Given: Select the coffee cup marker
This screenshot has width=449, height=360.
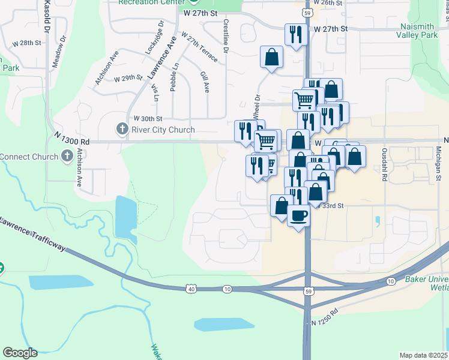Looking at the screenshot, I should click(x=298, y=214).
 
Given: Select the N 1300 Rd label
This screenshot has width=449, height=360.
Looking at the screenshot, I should click(x=71, y=141).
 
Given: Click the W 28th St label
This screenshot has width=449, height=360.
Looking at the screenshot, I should click(x=26, y=43).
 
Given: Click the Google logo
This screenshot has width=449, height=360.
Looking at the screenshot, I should click(x=20, y=353).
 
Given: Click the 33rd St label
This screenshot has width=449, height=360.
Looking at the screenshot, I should click(x=332, y=205).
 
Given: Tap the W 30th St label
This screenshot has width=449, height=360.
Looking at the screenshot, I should click(x=148, y=118).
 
